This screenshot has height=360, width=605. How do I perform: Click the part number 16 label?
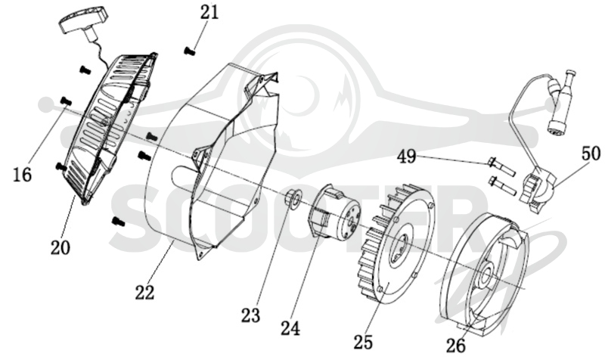coord(22,175)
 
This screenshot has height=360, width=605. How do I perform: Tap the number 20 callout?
coord(60,248)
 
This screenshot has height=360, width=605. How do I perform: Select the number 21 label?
coord(209,12)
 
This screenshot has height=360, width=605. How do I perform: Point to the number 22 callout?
coord(144,293)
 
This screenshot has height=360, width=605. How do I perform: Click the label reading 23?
coord(251,315)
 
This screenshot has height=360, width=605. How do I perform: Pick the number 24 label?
coord(290,329)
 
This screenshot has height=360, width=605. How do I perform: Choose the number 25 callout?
coord(364,343)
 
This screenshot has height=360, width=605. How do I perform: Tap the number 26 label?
coord(456,346)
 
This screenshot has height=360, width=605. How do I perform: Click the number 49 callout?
coord(407,157)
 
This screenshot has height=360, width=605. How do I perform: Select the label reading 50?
coord(591,154)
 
